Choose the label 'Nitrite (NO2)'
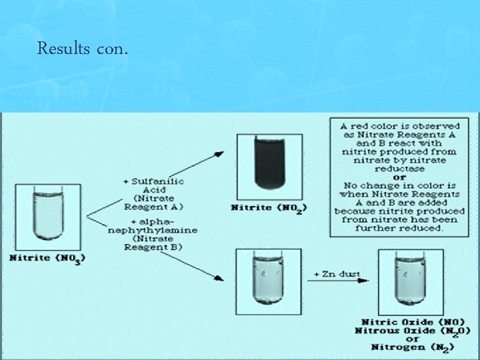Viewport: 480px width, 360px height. [269, 208]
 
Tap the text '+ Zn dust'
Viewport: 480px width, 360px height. [338, 274]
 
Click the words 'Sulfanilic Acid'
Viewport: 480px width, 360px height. [155, 185]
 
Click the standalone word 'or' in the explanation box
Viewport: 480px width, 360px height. [399, 177]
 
